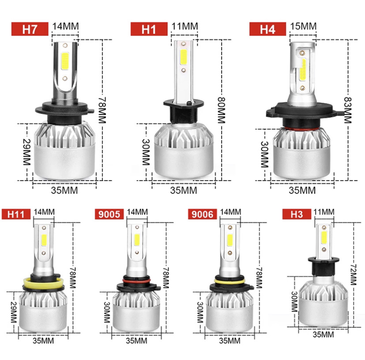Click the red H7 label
click(x=30, y=29)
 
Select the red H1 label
click(x=149, y=29)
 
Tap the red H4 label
click(x=268, y=29)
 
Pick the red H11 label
click(x=16, y=214)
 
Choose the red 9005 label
click(x=109, y=214)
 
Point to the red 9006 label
click(x=202, y=214)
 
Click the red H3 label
click(x=297, y=214)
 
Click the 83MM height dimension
click(x=347, y=110)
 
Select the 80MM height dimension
click(x=221, y=110)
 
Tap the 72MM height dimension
click(x=353, y=275)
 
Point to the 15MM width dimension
click(x=303, y=26)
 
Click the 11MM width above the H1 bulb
click(x=185, y=26)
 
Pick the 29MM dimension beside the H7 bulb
click(x=27, y=152)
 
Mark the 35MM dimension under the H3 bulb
click(x=323, y=334)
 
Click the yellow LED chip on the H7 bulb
click(x=65, y=61)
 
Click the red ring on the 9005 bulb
click(x=136, y=281)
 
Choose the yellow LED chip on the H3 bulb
click(x=324, y=238)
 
